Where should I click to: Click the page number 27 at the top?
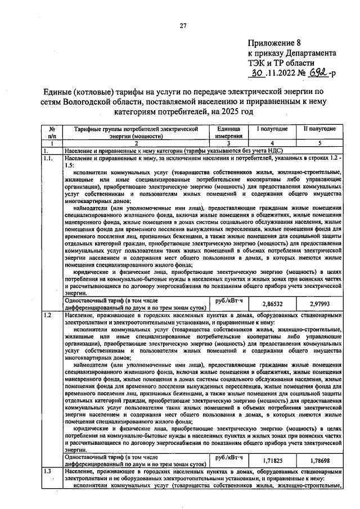click(183, 25)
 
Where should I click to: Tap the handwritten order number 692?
click(319, 73)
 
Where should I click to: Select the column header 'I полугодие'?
click(273, 129)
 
